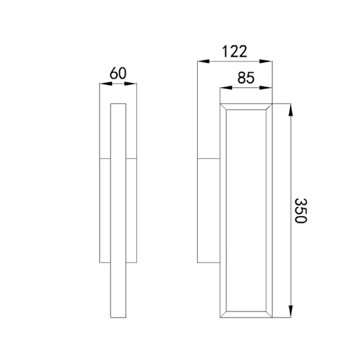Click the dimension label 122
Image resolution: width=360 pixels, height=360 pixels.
click(234, 52)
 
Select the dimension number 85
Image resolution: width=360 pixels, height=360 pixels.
click(246, 78)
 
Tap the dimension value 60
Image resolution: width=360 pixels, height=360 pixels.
click(118, 73)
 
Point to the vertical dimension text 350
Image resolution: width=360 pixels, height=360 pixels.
click(300, 211)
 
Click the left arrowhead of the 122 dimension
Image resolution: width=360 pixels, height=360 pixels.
click(204, 62)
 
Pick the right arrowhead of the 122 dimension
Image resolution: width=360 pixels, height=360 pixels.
click(266, 62)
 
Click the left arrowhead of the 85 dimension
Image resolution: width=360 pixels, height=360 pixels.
click(226, 88)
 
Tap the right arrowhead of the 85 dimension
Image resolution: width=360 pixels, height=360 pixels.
click(266, 88)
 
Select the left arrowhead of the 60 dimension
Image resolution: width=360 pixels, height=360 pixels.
click(106, 84)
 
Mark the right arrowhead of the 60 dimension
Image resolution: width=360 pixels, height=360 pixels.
click(130, 84)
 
